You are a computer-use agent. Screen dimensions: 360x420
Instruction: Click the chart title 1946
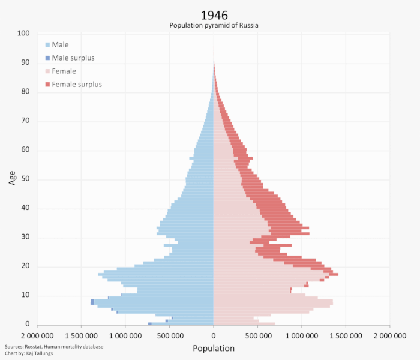(x=214, y=14)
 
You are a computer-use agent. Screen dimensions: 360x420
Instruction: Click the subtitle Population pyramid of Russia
(x=214, y=25)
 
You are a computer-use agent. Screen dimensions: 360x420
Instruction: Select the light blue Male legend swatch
(x=47, y=45)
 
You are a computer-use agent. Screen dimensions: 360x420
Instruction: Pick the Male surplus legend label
(x=73, y=58)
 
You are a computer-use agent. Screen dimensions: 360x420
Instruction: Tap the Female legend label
(x=64, y=71)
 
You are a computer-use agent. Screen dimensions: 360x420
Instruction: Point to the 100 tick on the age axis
(x=23, y=34)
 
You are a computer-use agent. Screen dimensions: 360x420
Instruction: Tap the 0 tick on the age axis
(x=28, y=325)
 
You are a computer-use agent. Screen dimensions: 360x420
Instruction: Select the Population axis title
(x=214, y=348)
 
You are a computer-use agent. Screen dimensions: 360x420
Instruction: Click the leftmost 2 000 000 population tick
(x=37, y=335)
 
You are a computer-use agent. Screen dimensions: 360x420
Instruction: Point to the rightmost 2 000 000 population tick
(x=389, y=335)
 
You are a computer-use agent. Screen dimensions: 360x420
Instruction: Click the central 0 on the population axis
(x=214, y=335)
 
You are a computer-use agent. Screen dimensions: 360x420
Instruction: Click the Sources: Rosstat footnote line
(x=54, y=347)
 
